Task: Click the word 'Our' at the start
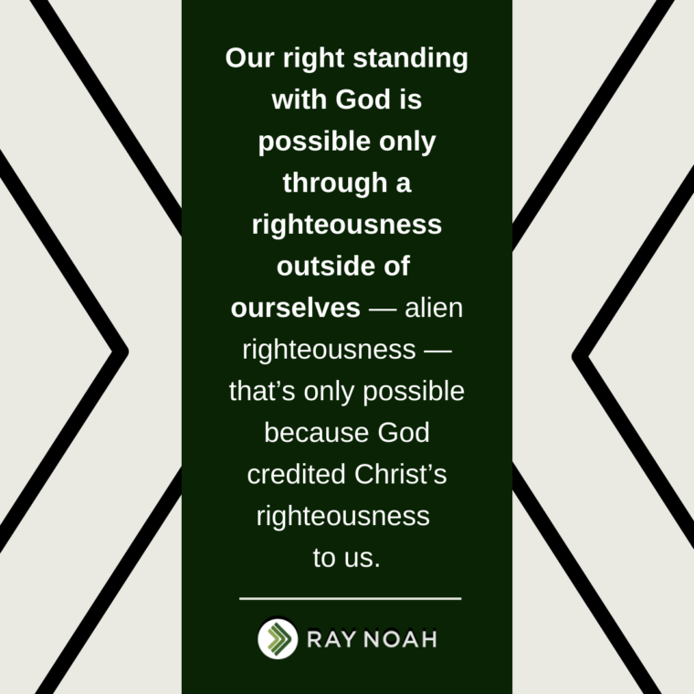pyautogui.click(x=249, y=58)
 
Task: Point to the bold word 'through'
pyautogui.click(x=335, y=184)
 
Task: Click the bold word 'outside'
pyautogui.click(x=325, y=266)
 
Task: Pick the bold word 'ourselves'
pyautogui.click(x=295, y=308)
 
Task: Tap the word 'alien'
pyautogui.click(x=434, y=307)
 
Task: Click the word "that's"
pyautogui.click(x=262, y=391)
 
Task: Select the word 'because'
pyautogui.click(x=316, y=433)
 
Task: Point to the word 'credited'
pyautogui.click(x=296, y=474)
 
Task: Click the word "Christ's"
pyautogui.click(x=401, y=474)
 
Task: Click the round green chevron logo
pyautogui.click(x=278, y=638)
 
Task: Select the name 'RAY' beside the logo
pyautogui.click(x=331, y=639)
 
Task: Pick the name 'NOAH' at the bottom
pyautogui.click(x=401, y=639)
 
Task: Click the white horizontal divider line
pyautogui.click(x=350, y=598)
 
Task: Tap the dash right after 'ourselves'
pyautogui.click(x=383, y=309)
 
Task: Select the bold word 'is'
pyautogui.click(x=411, y=99)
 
